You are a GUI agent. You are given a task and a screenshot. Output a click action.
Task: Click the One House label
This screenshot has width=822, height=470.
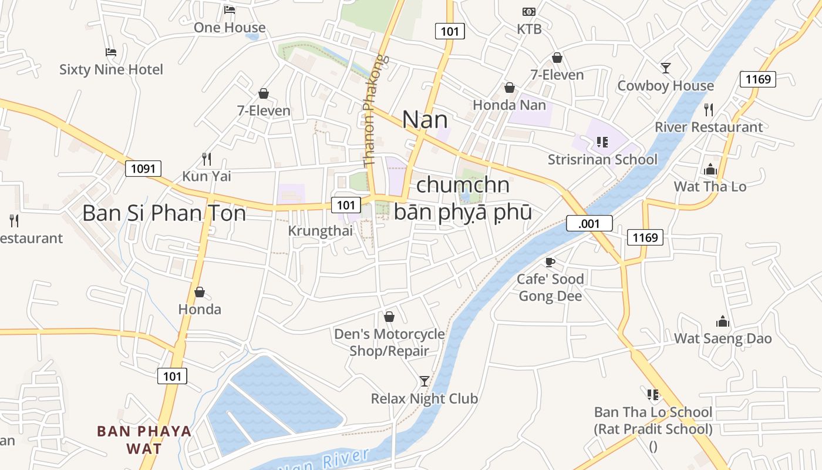(230, 28)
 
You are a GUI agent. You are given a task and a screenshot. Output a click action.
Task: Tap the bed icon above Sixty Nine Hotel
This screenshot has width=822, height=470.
(110, 53)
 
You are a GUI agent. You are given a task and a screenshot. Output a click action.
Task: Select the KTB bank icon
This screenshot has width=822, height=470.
(529, 12)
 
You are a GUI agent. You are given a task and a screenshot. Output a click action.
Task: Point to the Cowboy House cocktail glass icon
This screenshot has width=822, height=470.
(666, 68)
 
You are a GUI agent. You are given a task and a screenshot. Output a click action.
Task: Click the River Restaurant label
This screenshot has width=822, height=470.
(709, 127)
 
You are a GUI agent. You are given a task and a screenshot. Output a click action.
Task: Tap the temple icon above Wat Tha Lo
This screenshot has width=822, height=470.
(710, 170)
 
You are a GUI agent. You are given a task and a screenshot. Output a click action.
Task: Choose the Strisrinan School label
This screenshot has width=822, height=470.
(602, 159)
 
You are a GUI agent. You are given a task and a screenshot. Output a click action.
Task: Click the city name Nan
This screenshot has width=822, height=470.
(425, 120)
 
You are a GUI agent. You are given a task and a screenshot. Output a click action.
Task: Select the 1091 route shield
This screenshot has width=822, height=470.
(143, 169)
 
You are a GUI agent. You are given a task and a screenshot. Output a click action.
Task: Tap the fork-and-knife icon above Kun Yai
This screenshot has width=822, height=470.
(207, 159)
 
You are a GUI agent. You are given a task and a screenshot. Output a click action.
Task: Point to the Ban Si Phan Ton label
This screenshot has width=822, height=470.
(164, 213)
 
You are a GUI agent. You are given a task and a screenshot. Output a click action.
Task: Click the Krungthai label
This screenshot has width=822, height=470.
(321, 231)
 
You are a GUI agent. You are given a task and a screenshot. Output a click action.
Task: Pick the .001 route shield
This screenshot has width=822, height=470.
(589, 223)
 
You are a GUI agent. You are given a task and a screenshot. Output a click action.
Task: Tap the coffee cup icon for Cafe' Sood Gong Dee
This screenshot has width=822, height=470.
(550, 262)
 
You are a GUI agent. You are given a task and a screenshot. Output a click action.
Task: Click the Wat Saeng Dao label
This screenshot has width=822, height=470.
(723, 338)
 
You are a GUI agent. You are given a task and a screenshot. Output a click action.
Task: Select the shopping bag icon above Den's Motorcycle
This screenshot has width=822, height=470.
(389, 317)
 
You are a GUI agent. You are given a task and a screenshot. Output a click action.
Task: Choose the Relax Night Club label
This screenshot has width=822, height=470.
(424, 398)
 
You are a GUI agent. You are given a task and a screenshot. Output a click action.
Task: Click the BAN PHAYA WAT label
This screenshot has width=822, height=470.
(144, 439)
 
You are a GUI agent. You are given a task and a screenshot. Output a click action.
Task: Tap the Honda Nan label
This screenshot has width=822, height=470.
(509, 105)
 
